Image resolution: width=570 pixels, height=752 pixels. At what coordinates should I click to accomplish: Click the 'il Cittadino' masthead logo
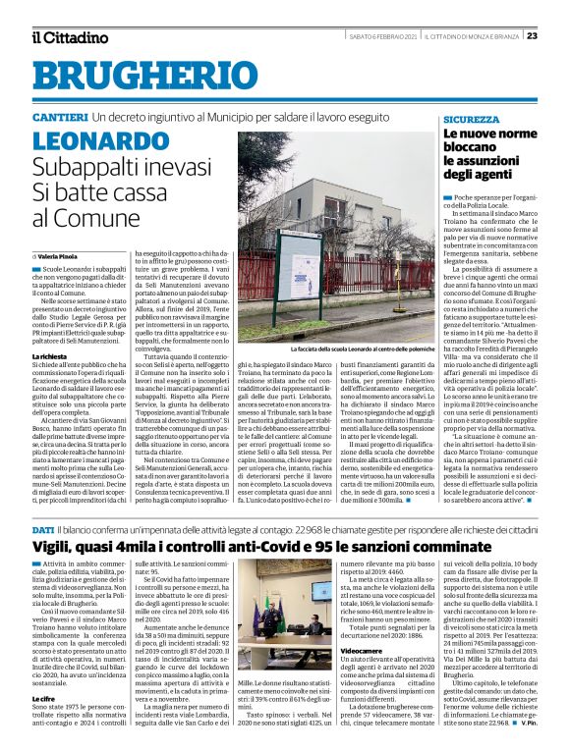pos(69,37)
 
